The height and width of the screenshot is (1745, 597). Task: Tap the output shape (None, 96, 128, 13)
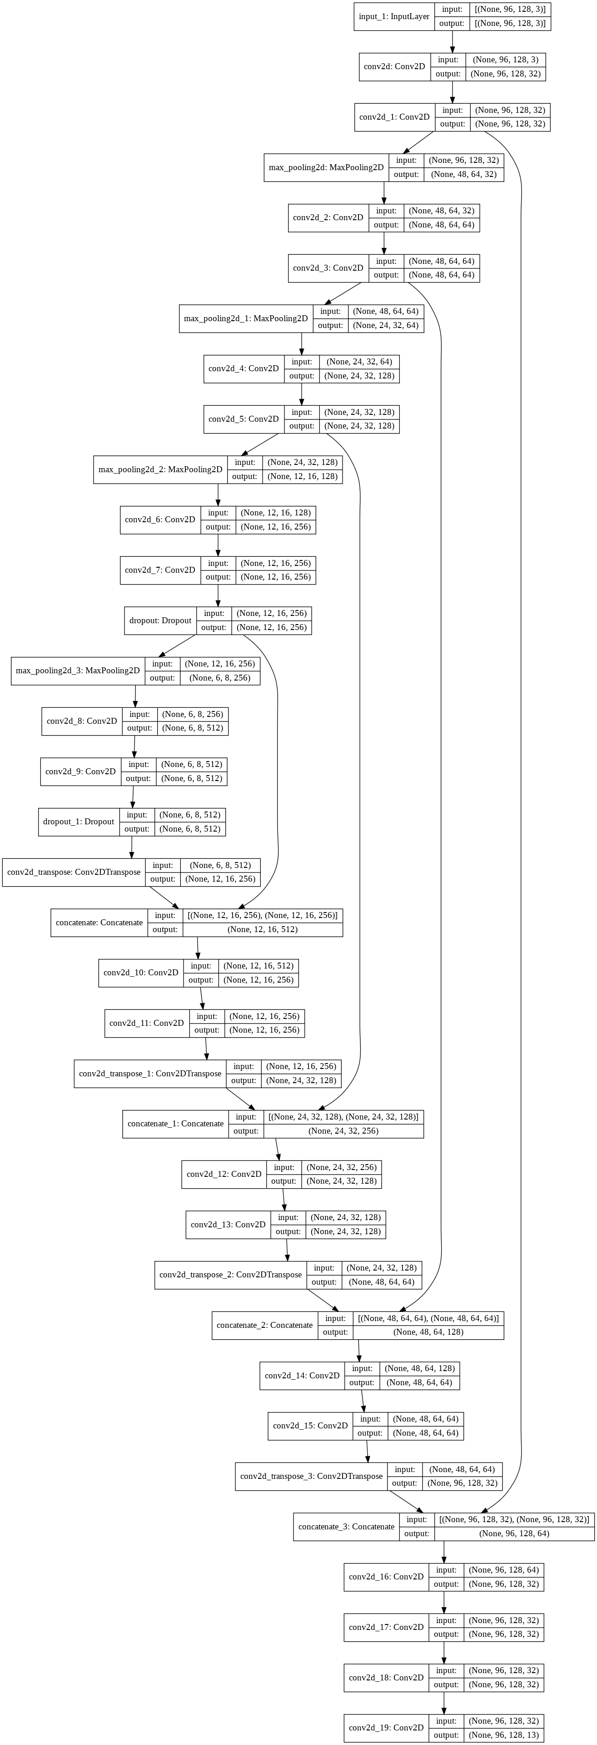(504, 1735)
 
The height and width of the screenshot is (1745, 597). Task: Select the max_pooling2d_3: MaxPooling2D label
(77, 671)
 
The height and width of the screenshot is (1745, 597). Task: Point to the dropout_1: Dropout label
(79, 822)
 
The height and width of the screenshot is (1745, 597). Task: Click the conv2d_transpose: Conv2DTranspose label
(74, 872)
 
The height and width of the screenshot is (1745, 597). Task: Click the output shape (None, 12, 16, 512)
(263, 929)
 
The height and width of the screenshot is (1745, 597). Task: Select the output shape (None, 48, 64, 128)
(428, 1332)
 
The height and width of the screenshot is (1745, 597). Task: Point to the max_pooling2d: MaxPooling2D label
(326, 167)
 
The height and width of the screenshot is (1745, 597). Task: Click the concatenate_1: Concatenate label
(175, 1123)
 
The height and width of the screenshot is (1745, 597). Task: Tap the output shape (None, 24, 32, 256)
(343, 1130)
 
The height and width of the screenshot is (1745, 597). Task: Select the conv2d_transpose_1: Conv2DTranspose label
(149, 1073)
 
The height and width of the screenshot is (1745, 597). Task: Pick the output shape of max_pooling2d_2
(302, 476)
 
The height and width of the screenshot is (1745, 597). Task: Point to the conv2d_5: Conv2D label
(243, 419)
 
